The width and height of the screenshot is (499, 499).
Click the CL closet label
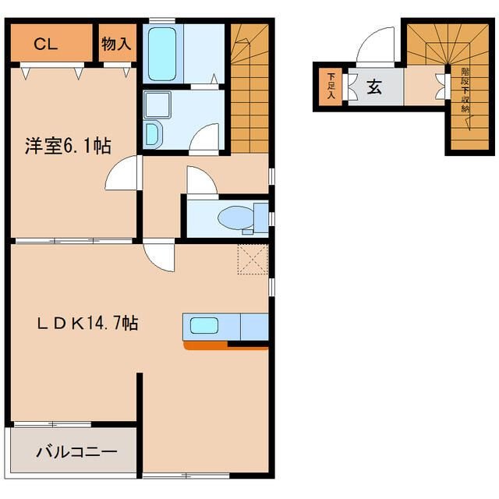(x=45, y=44)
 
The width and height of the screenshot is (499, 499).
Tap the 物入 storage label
(x=116, y=44)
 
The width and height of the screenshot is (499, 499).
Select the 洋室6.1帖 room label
(x=68, y=146)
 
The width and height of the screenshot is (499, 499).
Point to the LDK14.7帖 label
(x=87, y=323)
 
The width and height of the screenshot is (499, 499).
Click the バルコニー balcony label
(x=76, y=452)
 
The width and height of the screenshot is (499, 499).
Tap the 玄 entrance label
(x=374, y=87)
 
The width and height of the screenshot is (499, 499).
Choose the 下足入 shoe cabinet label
(x=331, y=86)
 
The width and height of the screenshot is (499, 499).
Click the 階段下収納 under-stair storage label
(x=465, y=90)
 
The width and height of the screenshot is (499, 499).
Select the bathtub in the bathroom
(x=162, y=54)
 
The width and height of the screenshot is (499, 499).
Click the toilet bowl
(x=235, y=218)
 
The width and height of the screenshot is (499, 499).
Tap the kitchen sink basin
(x=204, y=326)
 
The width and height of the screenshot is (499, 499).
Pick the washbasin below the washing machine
(x=152, y=134)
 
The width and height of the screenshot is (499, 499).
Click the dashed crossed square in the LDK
(x=253, y=260)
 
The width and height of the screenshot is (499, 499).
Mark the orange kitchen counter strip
(x=226, y=345)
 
